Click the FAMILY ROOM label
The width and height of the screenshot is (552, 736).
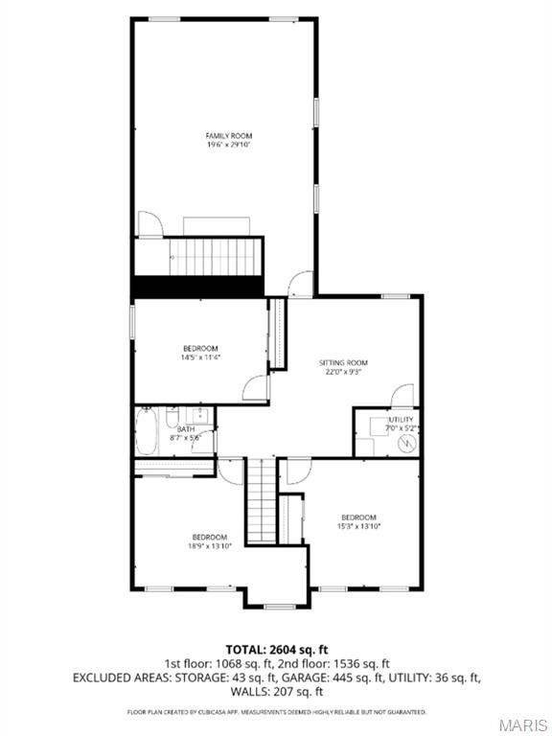pos(229,136)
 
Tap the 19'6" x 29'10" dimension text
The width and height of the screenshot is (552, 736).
pos(229,145)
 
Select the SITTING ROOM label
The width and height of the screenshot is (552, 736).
pos(343,362)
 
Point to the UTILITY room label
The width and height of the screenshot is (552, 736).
pos(401,420)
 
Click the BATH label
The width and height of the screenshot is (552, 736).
pos(186,429)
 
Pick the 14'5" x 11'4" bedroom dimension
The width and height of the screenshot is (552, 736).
pos(200,357)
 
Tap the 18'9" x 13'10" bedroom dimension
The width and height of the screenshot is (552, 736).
pos(210,545)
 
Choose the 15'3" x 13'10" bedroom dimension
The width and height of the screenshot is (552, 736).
pos(358,526)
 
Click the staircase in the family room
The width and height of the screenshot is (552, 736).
pos(216,256)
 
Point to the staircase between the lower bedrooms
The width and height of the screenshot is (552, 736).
pos(261,500)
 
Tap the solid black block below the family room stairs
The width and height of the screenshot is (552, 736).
pos(197,286)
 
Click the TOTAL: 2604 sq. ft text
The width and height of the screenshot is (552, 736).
pos(276,649)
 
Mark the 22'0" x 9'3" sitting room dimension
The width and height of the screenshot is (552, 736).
pos(343,371)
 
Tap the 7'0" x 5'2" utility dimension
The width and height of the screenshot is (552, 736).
pos(401,428)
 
